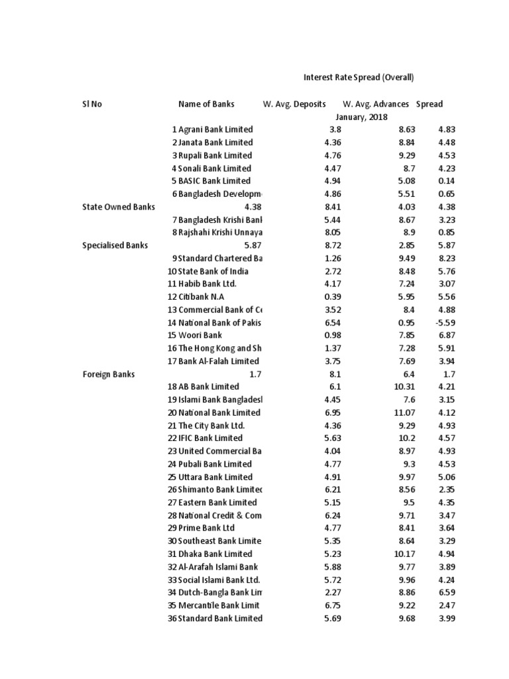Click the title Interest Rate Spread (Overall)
tap(359, 78)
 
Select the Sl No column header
tap(92, 104)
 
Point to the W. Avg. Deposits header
tap(294, 104)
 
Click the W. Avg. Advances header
tap(376, 104)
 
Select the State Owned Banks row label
tap(119, 207)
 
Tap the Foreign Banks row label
tap(109, 374)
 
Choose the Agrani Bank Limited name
tap(215, 130)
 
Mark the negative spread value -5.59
tap(444, 323)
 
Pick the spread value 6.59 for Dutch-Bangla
tap(447, 593)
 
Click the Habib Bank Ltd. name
tap(207, 284)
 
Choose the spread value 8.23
tap(447, 259)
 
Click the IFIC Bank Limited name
tap(211, 438)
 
